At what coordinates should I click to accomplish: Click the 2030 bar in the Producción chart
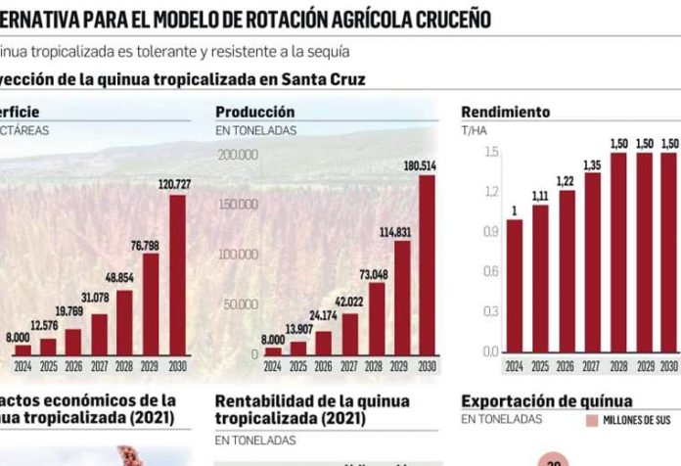[x=427, y=264]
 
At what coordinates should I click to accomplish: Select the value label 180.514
[x=427, y=165]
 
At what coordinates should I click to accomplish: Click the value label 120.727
[x=176, y=185]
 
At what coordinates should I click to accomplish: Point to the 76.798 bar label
[x=151, y=244]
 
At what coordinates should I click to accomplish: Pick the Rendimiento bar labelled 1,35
[x=592, y=261]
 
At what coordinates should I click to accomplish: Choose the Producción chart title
[x=254, y=113]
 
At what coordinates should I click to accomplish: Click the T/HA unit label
[x=474, y=129]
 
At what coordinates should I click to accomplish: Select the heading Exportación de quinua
[x=546, y=400]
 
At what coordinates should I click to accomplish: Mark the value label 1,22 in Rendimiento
[x=566, y=181]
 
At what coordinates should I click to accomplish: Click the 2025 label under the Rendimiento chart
[x=539, y=366]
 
